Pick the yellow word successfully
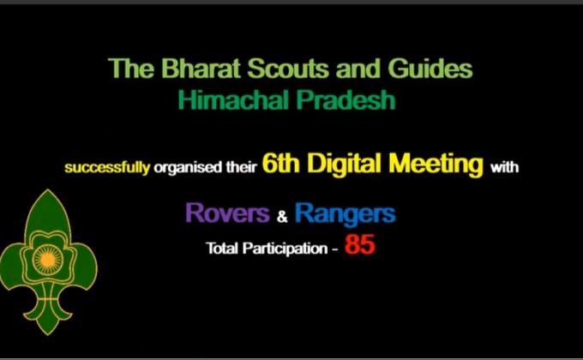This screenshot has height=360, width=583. click(107, 167)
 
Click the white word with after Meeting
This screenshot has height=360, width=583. click(504, 167)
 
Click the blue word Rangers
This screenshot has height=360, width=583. click(345, 213)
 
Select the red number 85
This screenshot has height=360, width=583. click(360, 247)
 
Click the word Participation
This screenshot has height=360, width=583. click(280, 249)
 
